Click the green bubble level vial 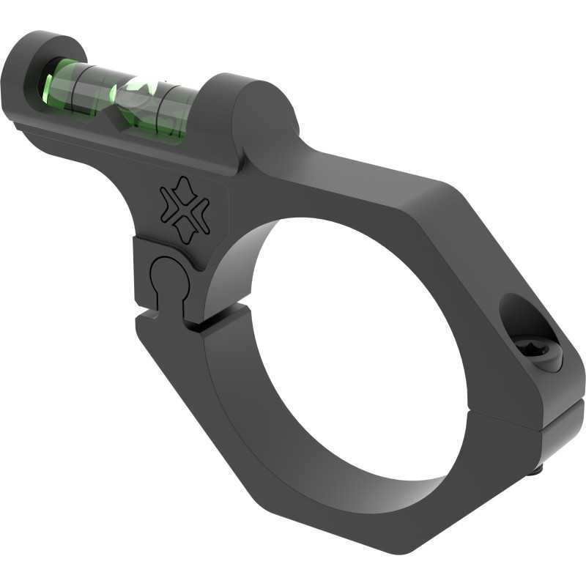pos(121,99)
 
